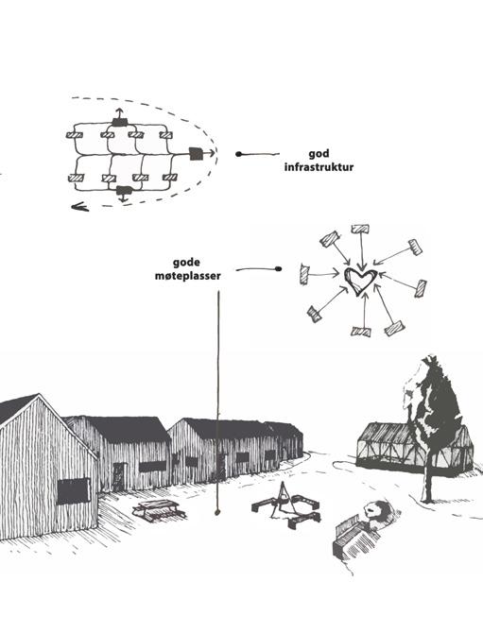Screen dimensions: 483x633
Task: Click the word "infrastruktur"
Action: coord(319,167)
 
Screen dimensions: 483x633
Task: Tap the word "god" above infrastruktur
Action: coord(319,154)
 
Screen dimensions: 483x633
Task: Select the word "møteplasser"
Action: coord(188,276)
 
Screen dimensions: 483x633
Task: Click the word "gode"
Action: coord(186,263)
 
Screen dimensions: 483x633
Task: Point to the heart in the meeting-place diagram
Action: coord(361,281)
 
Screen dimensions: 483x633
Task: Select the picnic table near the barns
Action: coord(159,509)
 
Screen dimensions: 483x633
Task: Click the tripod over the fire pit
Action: coord(284,498)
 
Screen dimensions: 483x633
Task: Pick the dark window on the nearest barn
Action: coord(73,491)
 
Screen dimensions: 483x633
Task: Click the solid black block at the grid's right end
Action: coord(196,153)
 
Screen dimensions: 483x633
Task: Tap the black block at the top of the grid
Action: coord(120,122)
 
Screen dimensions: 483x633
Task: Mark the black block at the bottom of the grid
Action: coord(124,190)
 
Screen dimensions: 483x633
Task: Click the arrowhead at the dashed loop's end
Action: coord(79,207)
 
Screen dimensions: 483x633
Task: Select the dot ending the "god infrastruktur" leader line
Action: coord(238,154)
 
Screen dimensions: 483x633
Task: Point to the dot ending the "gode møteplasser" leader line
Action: coord(278,269)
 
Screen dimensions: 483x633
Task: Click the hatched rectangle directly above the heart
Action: coord(360,229)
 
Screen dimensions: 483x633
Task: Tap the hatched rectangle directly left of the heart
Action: coord(304,275)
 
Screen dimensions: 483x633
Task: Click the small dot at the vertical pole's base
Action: coord(217,513)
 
